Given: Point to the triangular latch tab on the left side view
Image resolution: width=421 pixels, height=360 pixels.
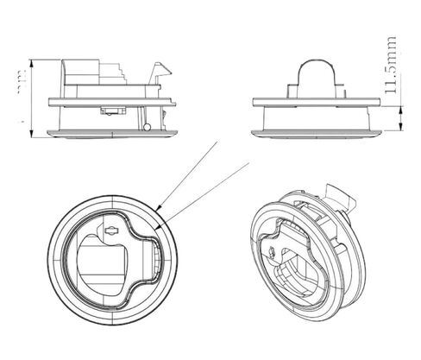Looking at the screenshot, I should point(160,73).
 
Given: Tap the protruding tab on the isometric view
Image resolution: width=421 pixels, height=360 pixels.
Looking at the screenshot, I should point(342,198).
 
